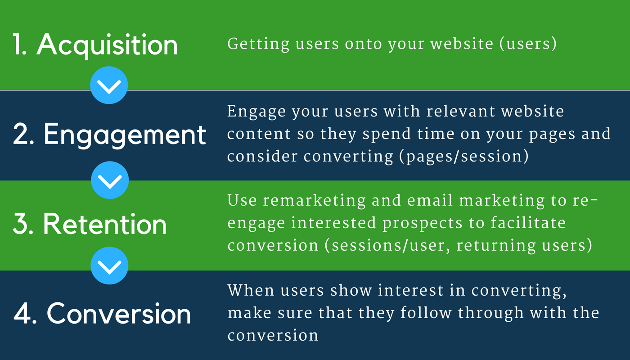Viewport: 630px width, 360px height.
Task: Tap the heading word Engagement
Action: click(125, 135)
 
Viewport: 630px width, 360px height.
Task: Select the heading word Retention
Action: click(105, 224)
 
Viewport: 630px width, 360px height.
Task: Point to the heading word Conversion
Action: click(119, 314)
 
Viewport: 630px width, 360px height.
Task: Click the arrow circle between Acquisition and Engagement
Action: click(109, 85)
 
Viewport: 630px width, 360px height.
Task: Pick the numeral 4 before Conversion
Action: click(21, 314)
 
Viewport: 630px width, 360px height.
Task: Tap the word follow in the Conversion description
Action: click(426, 313)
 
